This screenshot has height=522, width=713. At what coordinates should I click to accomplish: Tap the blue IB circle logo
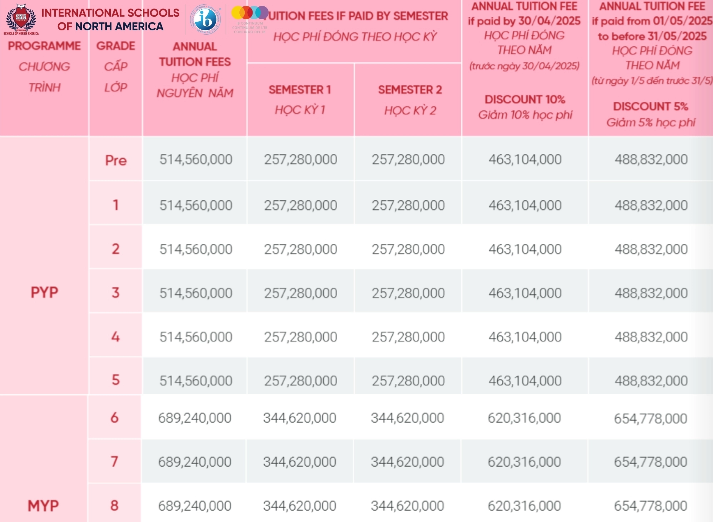click(x=205, y=20)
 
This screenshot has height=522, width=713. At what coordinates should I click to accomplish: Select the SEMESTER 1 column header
click(x=300, y=90)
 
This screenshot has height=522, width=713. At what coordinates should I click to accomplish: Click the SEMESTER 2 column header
click(x=410, y=90)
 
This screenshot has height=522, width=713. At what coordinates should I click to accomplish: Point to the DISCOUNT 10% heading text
click(x=524, y=99)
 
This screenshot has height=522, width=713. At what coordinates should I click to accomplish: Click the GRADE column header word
click(x=116, y=46)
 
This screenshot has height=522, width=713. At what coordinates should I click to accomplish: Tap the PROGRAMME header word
click(x=44, y=46)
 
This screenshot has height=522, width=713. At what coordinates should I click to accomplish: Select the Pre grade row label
click(x=116, y=160)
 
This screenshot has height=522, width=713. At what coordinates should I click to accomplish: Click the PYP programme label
click(x=44, y=292)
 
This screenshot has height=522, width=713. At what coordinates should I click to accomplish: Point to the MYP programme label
click(x=43, y=506)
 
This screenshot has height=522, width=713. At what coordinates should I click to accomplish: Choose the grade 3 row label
click(x=115, y=293)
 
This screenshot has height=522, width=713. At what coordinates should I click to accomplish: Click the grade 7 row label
click(x=114, y=462)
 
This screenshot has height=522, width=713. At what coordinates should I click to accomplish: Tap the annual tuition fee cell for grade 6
click(x=195, y=418)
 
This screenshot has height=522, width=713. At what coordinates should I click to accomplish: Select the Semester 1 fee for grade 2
click(x=300, y=249)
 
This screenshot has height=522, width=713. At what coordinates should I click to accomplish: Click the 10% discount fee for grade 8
click(x=524, y=506)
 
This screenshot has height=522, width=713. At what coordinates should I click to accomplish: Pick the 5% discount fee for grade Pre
click(x=651, y=159)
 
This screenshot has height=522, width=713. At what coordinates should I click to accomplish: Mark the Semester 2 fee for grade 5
click(x=408, y=381)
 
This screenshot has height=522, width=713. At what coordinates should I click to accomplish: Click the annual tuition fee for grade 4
click(x=196, y=337)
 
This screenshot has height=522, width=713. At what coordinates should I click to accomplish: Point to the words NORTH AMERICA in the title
click(x=119, y=26)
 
